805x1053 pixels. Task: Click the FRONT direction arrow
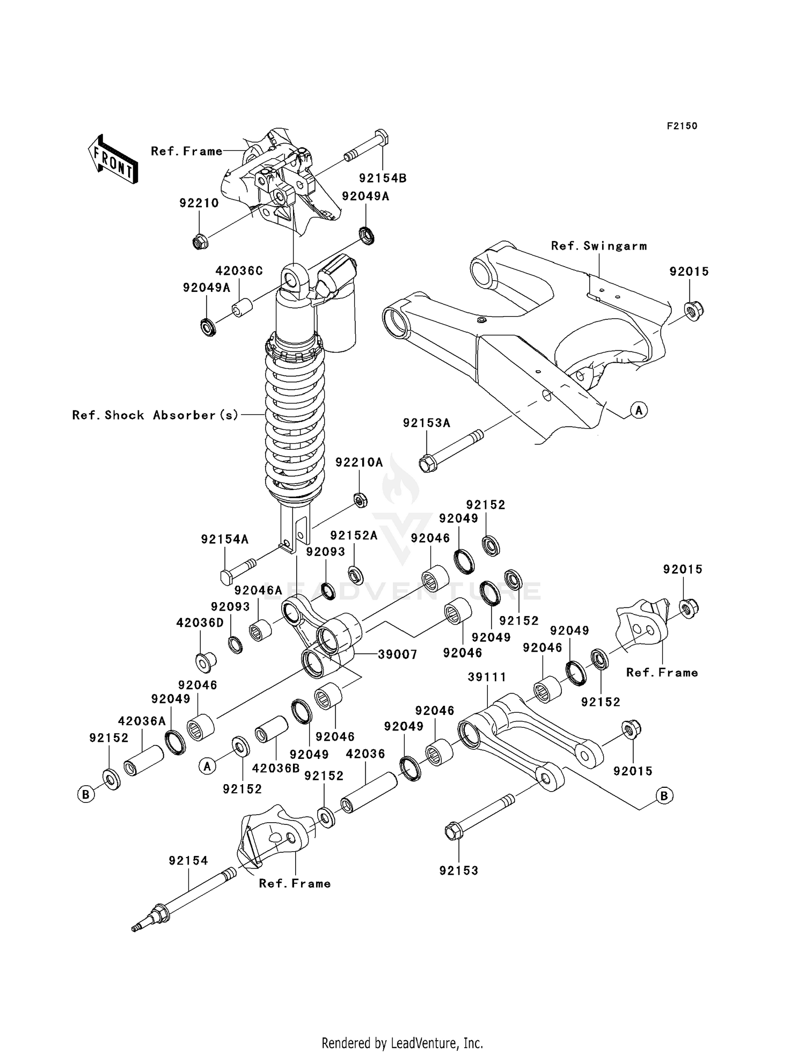pos(113,160)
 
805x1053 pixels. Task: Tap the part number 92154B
pos(383,178)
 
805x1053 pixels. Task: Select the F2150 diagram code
pos(682,126)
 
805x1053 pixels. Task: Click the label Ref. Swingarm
pos(599,246)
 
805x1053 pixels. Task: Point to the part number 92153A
pos(427,423)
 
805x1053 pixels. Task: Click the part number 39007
pos(398,654)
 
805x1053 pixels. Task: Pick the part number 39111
pos(487,677)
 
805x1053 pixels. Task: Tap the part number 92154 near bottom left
pos(188,860)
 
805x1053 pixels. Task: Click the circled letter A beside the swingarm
pos(639,411)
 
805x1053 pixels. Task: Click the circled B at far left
pos(86,794)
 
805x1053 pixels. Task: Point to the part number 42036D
pos(200,623)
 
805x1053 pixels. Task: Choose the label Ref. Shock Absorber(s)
pos(156,415)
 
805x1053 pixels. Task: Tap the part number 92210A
pos(359,463)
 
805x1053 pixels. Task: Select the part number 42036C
pos(239,270)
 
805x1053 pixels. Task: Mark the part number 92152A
pos(354,536)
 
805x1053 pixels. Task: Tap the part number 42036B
pos(275,768)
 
